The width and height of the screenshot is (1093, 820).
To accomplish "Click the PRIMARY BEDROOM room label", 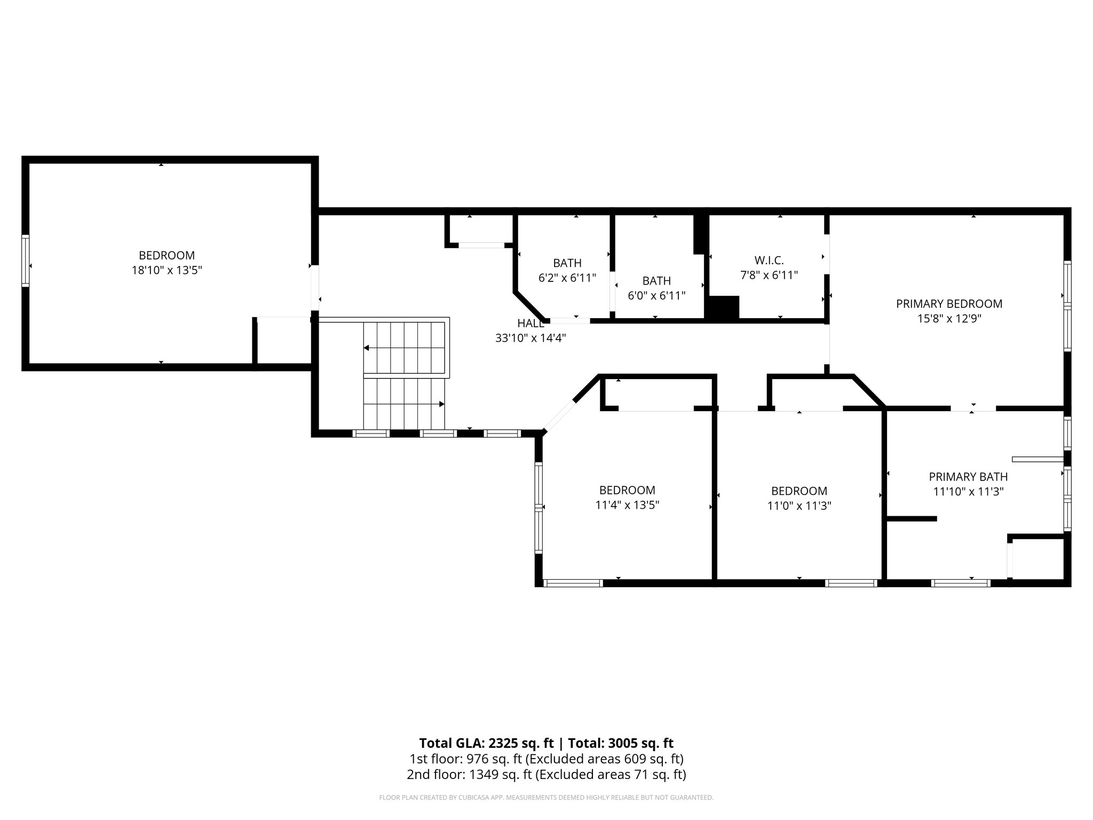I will pos(949,304).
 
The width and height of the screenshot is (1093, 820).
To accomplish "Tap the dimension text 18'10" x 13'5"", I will pos(167,271).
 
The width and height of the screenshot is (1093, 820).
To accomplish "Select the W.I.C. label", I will pos(769,261).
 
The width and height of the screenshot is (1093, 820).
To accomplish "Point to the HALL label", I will pos(530,323).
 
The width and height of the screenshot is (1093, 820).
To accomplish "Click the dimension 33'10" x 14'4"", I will pos(530,338).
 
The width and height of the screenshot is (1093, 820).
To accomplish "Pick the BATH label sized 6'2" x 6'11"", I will pos(567,263).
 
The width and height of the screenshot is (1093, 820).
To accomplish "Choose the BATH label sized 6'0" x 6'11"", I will pos(656,281).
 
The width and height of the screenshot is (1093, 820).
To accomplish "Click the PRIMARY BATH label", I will pos(968,477).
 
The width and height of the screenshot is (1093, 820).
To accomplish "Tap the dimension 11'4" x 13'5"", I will pos(627,505).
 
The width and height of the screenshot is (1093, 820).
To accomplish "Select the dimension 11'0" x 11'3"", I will pos(799,506).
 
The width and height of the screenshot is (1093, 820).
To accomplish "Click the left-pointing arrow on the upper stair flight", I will pos(367,348).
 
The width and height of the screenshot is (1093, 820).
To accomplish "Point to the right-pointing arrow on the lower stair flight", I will pos(441,404).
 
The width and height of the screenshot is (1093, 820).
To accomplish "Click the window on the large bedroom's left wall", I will pos(25,260).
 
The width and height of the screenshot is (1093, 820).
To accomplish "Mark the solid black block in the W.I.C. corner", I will pos(722,308).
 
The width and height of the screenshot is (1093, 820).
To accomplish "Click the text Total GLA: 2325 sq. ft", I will pos(488,743).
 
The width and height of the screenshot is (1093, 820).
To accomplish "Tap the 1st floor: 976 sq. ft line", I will pos(546,759).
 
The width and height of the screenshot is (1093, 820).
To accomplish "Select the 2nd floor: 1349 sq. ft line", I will pos(546,774).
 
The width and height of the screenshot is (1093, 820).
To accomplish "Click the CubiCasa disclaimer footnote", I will pos(546,798).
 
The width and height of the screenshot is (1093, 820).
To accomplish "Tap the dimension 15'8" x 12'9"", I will pos(949,319).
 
